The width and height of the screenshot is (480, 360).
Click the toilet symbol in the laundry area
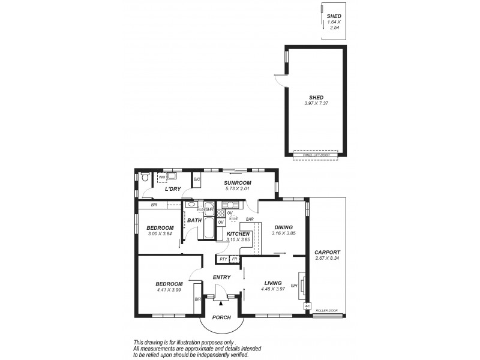(x=145, y=177)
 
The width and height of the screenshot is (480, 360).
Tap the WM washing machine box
(x=161, y=178)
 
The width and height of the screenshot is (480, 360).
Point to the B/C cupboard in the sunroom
(x=196, y=180)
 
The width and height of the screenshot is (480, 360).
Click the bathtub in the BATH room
(x=208, y=229)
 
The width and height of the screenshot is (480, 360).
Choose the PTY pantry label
(x=223, y=259)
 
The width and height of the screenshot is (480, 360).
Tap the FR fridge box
(x=235, y=259)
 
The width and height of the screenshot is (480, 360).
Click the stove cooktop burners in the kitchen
(x=220, y=213)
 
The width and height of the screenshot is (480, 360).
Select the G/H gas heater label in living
(x=294, y=286)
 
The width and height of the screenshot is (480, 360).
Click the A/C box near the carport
(x=307, y=306)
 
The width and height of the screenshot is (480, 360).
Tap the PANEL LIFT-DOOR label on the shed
(x=315, y=155)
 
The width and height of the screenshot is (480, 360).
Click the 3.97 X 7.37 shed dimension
(x=316, y=103)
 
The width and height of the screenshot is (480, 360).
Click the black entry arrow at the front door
(x=221, y=303)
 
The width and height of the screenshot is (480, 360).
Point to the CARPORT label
(x=327, y=252)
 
